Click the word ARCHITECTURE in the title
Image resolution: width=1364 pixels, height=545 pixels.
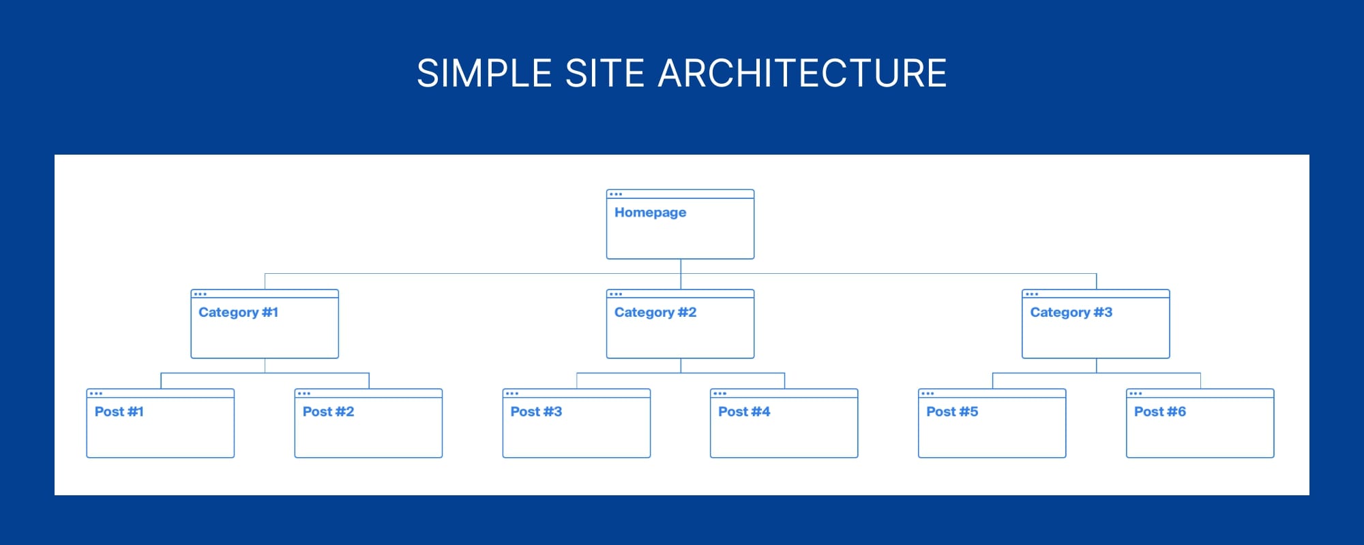(x=802, y=73)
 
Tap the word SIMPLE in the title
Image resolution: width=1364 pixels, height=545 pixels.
(x=484, y=73)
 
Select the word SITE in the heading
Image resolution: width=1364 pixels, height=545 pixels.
(x=605, y=73)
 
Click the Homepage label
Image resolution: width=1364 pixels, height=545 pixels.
(x=650, y=213)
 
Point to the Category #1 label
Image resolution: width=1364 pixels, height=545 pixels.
(x=238, y=312)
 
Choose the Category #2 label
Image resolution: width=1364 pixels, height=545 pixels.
(x=655, y=312)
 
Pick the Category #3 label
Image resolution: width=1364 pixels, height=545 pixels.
(x=1071, y=312)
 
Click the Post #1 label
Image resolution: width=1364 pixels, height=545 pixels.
(x=119, y=411)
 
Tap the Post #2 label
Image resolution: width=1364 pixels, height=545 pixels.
(x=328, y=411)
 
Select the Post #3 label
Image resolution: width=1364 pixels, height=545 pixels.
(x=536, y=411)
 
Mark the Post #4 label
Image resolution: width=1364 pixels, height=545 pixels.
(x=744, y=411)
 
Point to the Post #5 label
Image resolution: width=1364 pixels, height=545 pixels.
(x=952, y=411)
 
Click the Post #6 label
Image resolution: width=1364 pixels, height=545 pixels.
(x=1160, y=411)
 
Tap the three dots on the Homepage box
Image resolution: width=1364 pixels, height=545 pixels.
(x=616, y=194)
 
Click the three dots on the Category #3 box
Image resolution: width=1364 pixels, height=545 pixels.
(x=1032, y=294)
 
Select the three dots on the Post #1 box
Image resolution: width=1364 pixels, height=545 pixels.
(x=96, y=394)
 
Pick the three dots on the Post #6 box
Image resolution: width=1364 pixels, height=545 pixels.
(x=1136, y=394)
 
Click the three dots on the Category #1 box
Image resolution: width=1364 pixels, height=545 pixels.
(x=201, y=294)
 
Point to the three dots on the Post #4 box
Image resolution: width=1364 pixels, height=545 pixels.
(x=720, y=394)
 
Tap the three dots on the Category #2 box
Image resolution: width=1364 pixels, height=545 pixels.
(x=616, y=294)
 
